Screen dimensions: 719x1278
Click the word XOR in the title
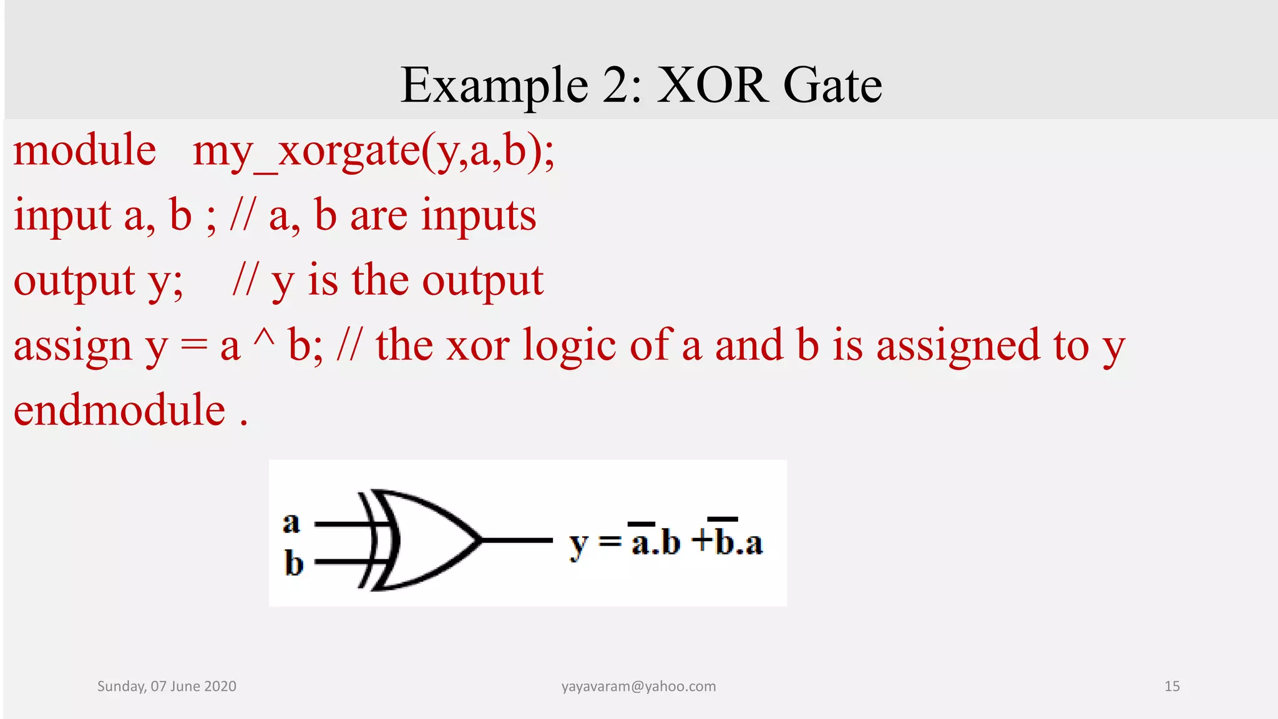click(712, 85)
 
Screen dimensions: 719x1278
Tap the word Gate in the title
click(832, 85)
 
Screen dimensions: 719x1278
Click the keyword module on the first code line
click(85, 150)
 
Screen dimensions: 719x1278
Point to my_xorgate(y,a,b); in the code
click(373, 152)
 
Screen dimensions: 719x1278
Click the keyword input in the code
click(62, 216)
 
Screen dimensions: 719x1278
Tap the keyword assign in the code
click(72, 346)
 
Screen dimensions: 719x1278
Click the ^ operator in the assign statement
click(263, 340)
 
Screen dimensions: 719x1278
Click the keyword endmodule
click(119, 411)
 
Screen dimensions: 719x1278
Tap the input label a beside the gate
click(291, 522)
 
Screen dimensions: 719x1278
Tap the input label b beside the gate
click(293, 563)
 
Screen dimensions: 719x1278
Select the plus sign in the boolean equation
click(701, 540)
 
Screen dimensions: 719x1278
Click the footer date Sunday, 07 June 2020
click(167, 687)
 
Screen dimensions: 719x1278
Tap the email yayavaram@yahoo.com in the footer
click(638, 687)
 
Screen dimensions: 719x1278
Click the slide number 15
click(1171, 687)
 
